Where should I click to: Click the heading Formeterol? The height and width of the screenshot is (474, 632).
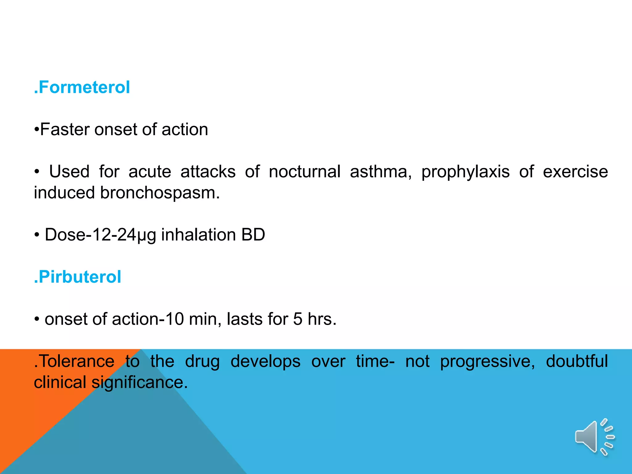(82, 87)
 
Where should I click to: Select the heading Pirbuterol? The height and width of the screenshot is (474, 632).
(78, 277)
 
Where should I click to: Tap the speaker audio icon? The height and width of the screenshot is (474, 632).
(594, 437)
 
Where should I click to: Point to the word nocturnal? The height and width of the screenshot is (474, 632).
(305, 172)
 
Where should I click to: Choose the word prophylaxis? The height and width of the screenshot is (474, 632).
(465, 172)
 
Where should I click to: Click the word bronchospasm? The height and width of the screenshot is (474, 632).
(160, 193)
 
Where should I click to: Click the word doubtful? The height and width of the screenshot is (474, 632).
(577, 361)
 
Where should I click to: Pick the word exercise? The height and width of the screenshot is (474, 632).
(575, 172)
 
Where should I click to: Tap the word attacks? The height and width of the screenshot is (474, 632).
(208, 172)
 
